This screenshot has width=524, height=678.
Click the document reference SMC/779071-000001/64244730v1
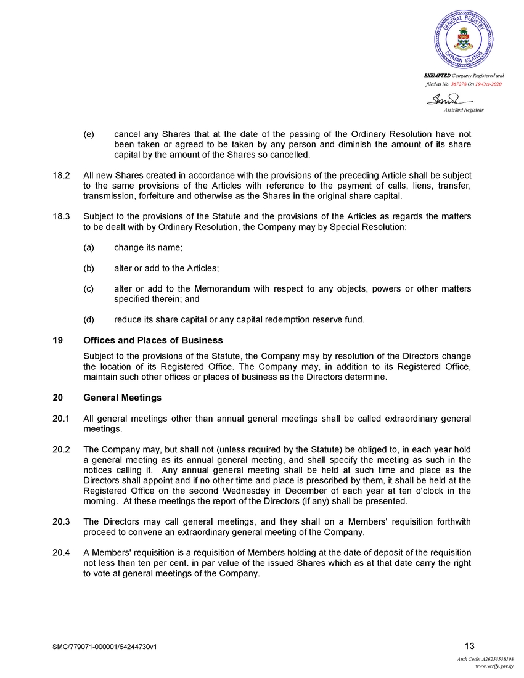(x=109, y=647)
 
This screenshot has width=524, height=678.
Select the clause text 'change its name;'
(x=148, y=247)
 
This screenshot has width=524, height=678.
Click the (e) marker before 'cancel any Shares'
(x=89, y=134)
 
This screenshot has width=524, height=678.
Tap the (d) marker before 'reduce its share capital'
(x=89, y=319)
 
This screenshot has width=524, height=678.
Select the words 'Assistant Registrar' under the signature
(x=464, y=110)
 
